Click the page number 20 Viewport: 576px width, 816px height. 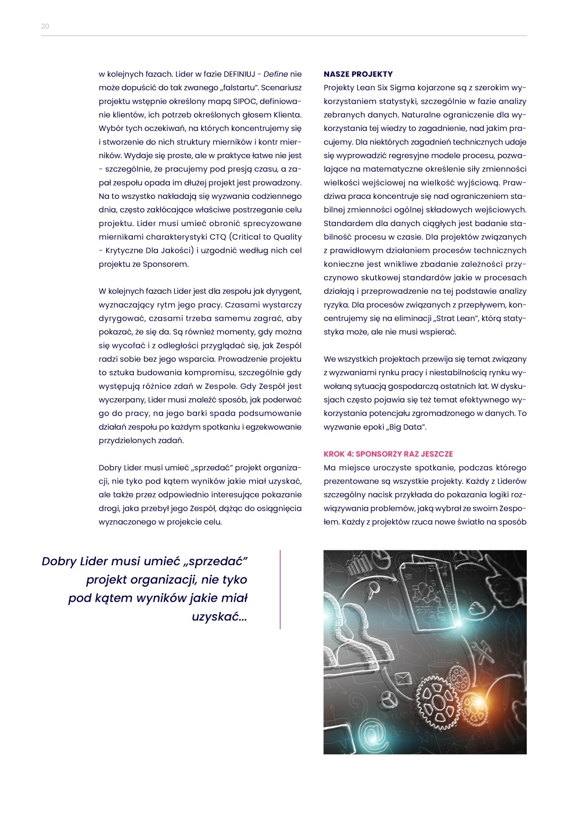pyautogui.click(x=45, y=26)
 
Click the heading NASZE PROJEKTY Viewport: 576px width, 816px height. pyautogui.click(x=358, y=74)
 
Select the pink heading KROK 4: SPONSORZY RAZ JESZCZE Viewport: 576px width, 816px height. pyautogui.click(x=388, y=454)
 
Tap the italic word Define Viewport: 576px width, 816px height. pyautogui.click(x=275, y=74)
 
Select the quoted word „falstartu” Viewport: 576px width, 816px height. pyautogui.click(x=233, y=88)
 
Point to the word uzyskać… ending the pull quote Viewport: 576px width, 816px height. pyautogui.click(x=219, y=616)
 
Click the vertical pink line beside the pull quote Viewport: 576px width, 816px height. pyautogui.click(x=280, y=589)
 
